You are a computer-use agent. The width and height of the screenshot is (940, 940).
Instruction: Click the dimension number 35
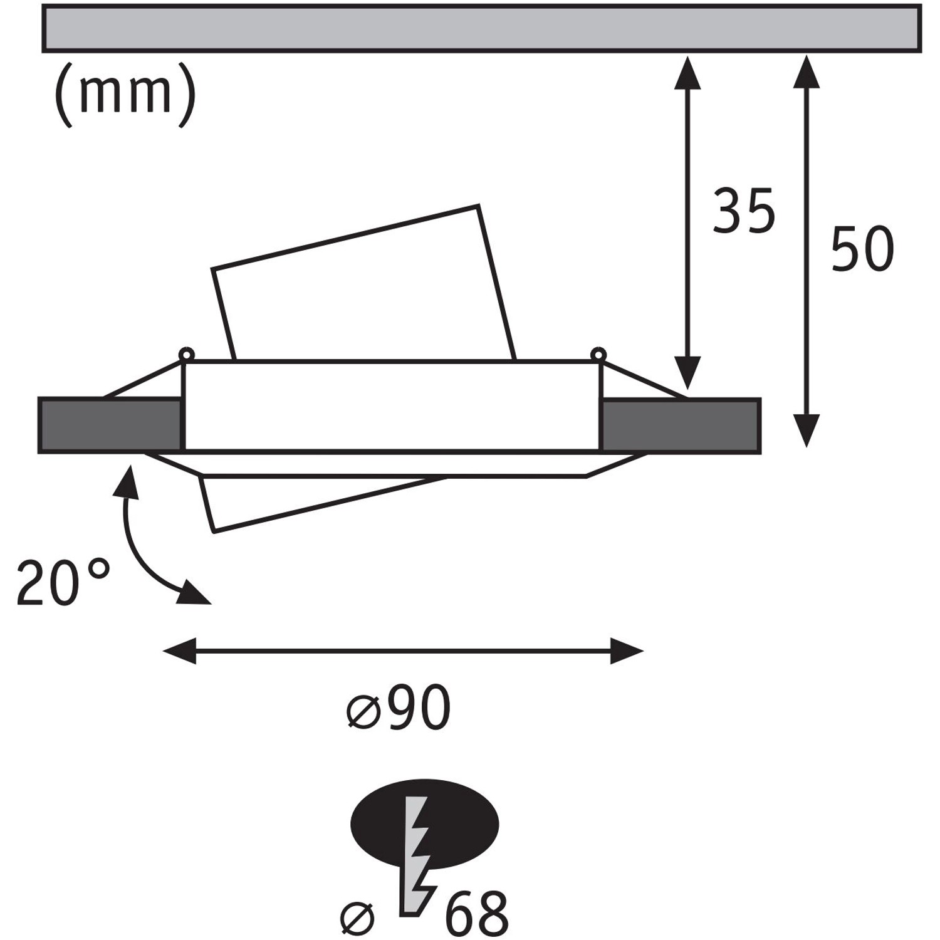pyautogui.click(x=744, y=211)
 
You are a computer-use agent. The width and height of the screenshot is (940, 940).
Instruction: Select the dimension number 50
pyautogui.click(x=862, y=249)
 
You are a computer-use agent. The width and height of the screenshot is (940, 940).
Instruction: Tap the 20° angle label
pyautogui.click(x=63, y=583)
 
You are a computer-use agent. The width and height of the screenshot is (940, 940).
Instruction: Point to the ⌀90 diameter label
pyautogui.click(x=399, y=708)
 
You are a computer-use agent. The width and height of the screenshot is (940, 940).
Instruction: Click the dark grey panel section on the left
pyautogui.click(x=110, y=425)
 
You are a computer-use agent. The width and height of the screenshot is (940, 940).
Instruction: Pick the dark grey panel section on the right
pyautogui.click(x=680, y=425)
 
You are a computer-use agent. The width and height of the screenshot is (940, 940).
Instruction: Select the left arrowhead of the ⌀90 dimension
pyautogui.click(x=179, y=651)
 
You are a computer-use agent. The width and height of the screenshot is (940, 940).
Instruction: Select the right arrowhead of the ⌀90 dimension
pyautogui.click(x=627, y=651)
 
